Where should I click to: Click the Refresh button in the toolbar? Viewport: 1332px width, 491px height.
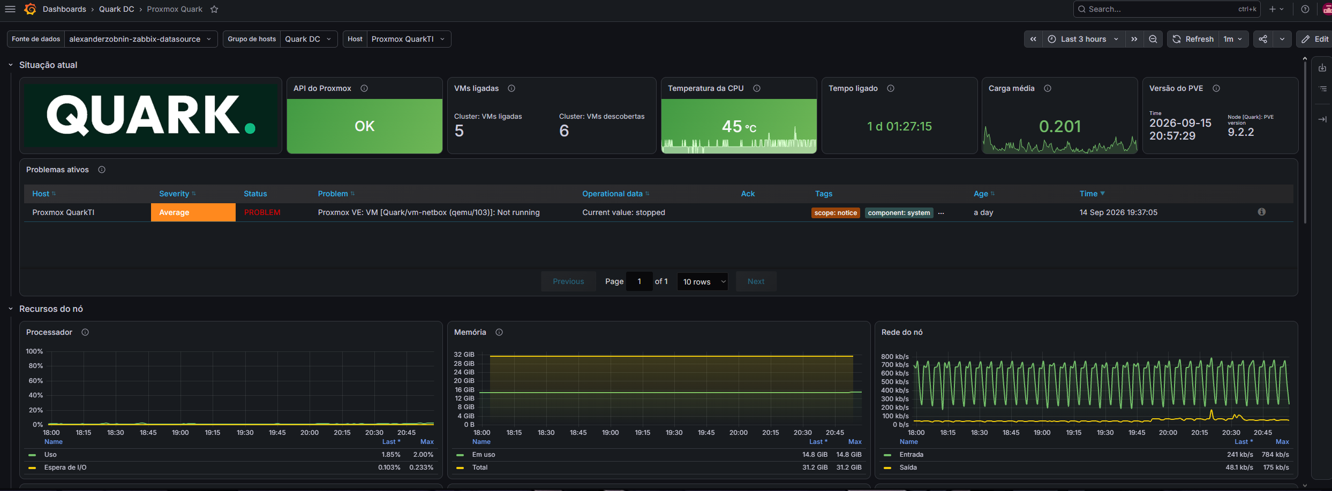click(1193, 39)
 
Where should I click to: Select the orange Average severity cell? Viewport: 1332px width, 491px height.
click(193, 212)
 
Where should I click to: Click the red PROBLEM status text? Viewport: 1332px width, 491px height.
click(262, 212)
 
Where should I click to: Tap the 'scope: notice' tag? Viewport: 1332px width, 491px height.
click(836, 213)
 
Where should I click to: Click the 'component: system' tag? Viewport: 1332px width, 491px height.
click(899, 213)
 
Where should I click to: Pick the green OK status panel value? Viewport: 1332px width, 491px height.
click(365, 126)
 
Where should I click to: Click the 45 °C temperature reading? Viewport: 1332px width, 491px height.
click(739, 127)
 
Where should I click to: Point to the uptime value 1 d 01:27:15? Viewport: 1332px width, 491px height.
click(900, 126)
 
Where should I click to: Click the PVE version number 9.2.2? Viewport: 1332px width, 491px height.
click(1240, 132)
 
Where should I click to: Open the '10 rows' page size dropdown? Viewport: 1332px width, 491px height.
click(703, 281)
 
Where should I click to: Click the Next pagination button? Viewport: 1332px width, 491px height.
click(756, 281)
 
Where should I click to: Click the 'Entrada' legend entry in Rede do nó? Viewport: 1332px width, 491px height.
click(911, 455)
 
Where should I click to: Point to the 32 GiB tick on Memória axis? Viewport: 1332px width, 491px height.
click(464, 355)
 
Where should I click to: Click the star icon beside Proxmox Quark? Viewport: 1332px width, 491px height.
click(214, 9)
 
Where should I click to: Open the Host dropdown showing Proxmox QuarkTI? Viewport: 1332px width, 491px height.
click(408, 39)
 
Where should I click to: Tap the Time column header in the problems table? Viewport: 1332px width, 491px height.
click(1092, 194)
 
